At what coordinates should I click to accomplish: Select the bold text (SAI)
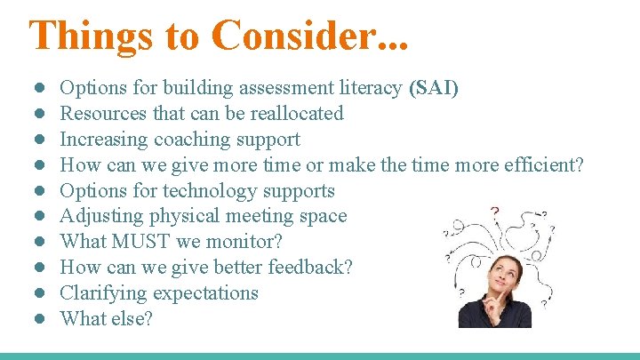point(434,88)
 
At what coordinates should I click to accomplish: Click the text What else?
point(106,318)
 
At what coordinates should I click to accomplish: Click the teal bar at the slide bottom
point(320,356)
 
